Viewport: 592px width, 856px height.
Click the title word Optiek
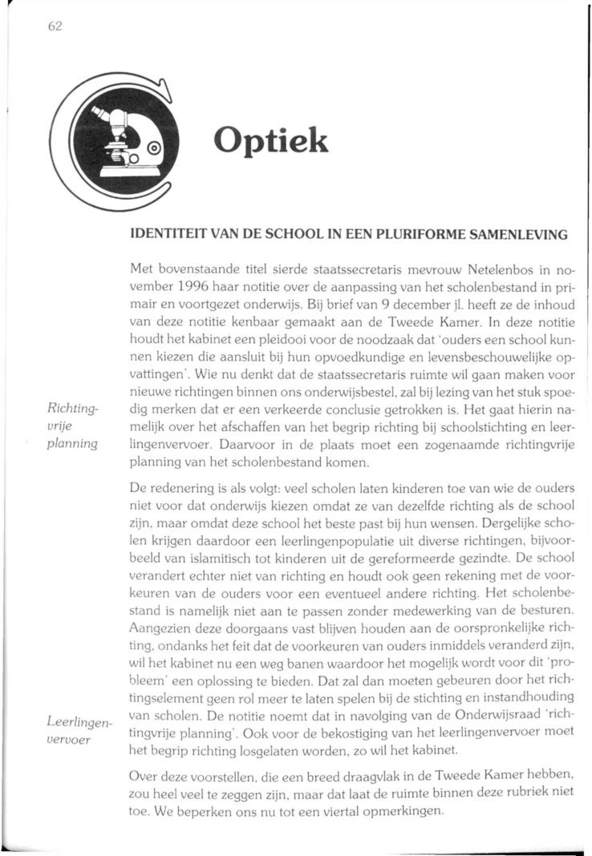click(270, 142)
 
